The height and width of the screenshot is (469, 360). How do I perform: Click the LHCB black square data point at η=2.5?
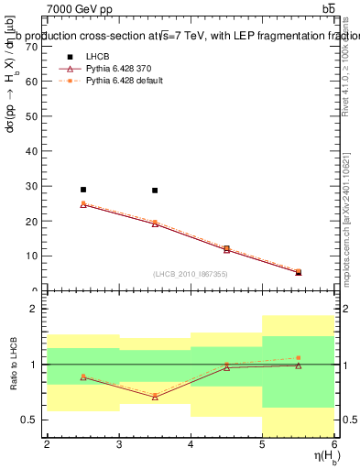point(82,190)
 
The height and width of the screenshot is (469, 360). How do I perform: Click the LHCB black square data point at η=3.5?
point(155,191)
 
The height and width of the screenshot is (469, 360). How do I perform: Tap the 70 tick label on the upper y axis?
point(31,46)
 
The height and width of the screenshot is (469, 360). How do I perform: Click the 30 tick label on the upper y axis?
point(31,186)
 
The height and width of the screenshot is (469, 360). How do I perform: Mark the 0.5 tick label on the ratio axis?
point(29,420)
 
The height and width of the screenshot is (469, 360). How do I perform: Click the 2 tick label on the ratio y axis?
point(34,309)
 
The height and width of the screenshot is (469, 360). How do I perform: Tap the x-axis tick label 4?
point(191,445)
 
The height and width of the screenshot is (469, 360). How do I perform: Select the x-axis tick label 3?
point(118,445)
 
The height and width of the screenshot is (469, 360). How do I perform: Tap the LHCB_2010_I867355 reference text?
point(190,274)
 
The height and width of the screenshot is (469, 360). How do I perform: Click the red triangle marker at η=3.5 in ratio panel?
point(155,397)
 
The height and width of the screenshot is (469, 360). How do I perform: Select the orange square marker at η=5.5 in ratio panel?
point(299,357)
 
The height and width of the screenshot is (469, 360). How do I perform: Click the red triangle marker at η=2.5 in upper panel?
point(82,205)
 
